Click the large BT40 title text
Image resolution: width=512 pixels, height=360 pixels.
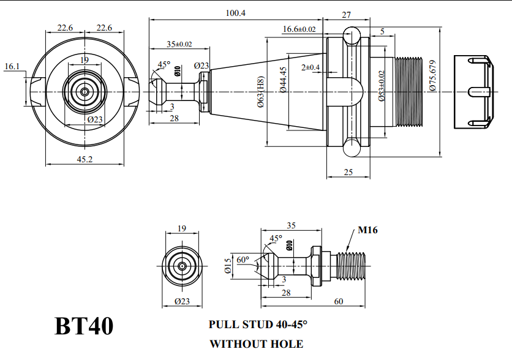pyautogui.click(x=84, y=326)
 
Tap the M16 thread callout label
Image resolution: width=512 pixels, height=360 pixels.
pyautogui.click(x=367, y=230)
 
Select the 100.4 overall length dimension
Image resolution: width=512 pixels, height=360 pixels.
pyautogui.click(x=235, y=13)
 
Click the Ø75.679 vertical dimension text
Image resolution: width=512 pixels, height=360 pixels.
pyautogui.click(x=433, y=75)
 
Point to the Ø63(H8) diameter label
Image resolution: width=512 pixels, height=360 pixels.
pyautogui.click(x=260, y=92)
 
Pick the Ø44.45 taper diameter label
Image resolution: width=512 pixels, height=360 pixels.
pyautogui.click(x=283, y=80)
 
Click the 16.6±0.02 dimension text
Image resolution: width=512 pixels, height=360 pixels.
pyautogui.click(x=299, y=29)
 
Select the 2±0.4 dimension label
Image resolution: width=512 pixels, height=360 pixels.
pyautogui.click(x=311, y=67)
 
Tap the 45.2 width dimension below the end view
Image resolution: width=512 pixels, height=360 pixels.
pyautogui.click(x=85, y=159)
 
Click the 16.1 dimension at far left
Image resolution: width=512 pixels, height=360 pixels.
pyautogui.click(x=12, y=66)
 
